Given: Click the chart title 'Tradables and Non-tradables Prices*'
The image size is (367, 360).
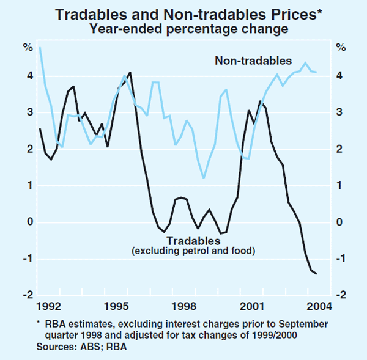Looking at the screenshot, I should point(183,13).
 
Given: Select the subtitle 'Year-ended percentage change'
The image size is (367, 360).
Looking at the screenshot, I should point(183,28).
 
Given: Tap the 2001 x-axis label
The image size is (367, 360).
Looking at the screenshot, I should point(250,304).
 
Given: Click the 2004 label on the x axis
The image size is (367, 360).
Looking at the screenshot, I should point(316,304).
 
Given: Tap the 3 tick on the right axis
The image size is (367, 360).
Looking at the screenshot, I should point(339,112).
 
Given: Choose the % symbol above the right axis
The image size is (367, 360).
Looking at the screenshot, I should point(340,48).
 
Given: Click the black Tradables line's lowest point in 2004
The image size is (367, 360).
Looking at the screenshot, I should point(316,273).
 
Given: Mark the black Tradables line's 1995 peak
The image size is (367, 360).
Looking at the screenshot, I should point(130,72).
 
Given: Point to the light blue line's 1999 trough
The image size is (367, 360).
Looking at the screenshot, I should point(204,178).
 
